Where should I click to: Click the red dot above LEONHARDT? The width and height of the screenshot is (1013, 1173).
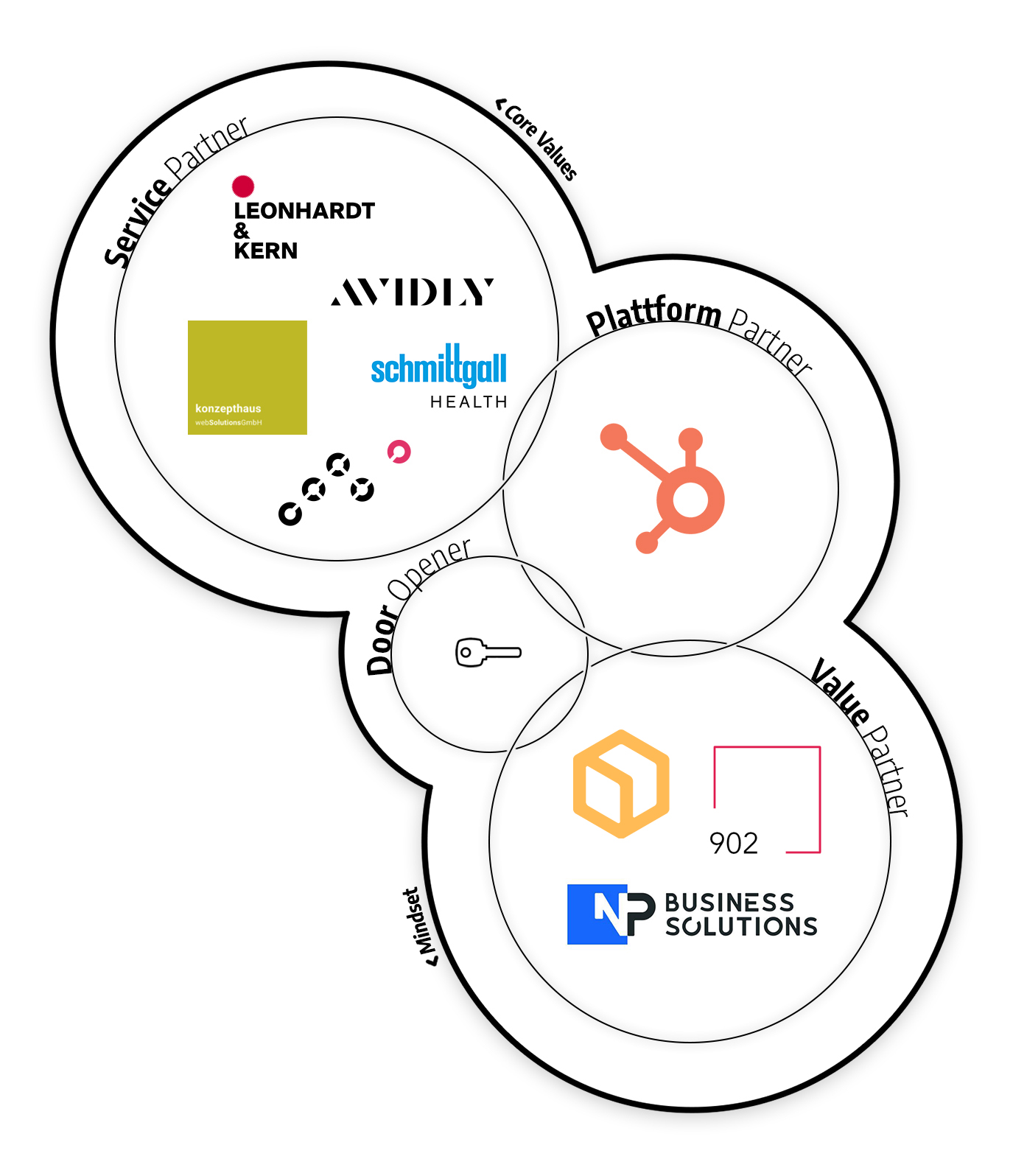coord(243,186)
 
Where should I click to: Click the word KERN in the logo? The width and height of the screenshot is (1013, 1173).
coord(265,251)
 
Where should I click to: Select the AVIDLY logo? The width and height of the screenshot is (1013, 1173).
coord(412,292)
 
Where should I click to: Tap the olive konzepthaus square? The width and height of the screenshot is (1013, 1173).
coord(248,377)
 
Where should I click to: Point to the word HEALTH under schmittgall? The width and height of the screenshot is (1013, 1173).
coord(469,402)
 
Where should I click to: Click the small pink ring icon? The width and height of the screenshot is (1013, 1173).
coord(399,452)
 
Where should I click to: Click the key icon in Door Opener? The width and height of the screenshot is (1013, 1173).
coord(488,652)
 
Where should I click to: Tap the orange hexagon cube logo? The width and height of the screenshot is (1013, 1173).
coord(621,784)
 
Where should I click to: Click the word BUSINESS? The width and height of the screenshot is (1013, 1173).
coord(729,903)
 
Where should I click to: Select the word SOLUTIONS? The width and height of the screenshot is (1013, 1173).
coord(741,926)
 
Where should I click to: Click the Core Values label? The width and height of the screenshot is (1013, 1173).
coord(540,140)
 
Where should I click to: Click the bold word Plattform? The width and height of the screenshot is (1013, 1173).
coord(653,314)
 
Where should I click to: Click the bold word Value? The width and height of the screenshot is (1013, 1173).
coord(841,693)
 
